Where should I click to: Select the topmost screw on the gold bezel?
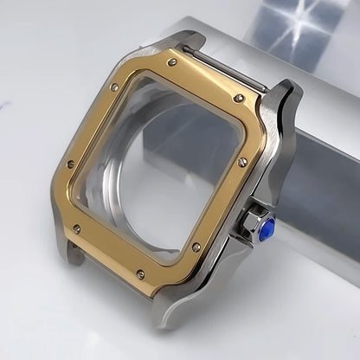point(173,62)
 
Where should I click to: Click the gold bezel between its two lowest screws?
point(169,264)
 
